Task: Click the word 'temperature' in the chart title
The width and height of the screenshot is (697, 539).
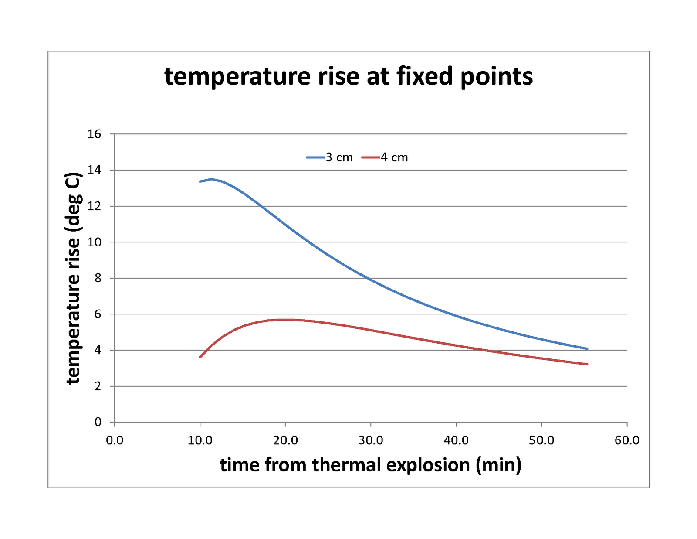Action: (237, 77)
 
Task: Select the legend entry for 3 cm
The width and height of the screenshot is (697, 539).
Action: (330, 157)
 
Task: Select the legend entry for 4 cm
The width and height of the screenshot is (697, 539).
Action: (385, 157)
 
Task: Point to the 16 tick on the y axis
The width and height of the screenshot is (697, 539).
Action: (94, 134)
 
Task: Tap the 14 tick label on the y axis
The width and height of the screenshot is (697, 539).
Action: (94, 170)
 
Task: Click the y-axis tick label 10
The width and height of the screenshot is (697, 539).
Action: (94, 242)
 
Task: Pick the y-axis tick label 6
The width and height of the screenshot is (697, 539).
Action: (98, 314)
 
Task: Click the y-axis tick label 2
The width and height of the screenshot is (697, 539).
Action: (98, 386)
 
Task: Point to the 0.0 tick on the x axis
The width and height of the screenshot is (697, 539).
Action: (115, 440)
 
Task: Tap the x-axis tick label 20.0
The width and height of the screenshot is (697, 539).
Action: (285, 440)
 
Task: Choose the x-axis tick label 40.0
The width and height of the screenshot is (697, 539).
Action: (456, 440)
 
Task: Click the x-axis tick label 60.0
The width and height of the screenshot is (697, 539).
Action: (627, 440)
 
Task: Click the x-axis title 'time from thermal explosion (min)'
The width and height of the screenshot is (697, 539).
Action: (370, 465)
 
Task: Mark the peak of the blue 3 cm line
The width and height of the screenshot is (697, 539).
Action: (212, 179)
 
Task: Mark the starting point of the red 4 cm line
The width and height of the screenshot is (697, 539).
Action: (200, 357)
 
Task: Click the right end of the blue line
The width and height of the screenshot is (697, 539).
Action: (587, 349)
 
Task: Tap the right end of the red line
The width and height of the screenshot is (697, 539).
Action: (587, 364)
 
